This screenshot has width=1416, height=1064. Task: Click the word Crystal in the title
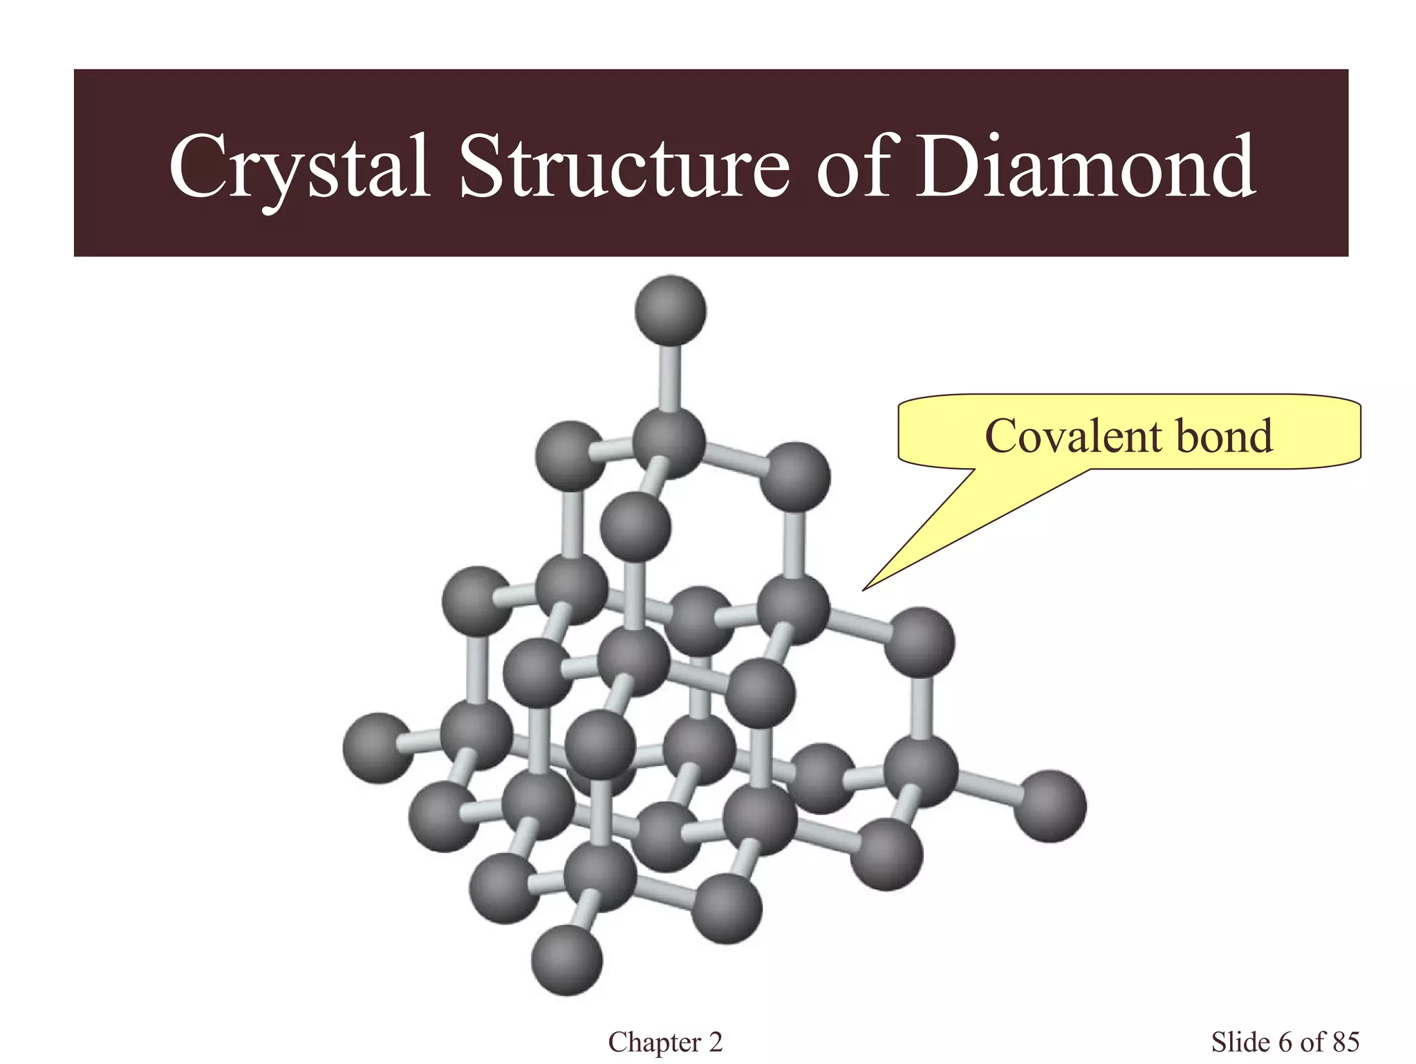pyautogui.click(x=299, y=167)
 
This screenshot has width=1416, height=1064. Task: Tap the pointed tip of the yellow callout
pyautogui.click(x=864, y=589)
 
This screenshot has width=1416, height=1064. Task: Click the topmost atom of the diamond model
pyautogui.click(x=670, y=310)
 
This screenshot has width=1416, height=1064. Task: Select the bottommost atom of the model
pyautogui.click(x=567, y=960)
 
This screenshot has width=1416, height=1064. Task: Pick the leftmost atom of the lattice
pyautogui.click(x=378, y=748)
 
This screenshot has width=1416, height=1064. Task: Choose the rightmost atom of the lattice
pyautogui.click(x=1050, y=806)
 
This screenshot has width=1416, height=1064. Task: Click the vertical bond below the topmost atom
pyautogui.click(x=669, y=377)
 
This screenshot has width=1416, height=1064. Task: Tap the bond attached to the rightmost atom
pyautogui.click(x=987, y=788)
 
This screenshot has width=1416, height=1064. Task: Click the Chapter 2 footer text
pyautogui.click(x=665, y=1042)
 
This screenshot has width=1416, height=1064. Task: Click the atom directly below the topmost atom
pyautogui.click(x=669, y=442)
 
